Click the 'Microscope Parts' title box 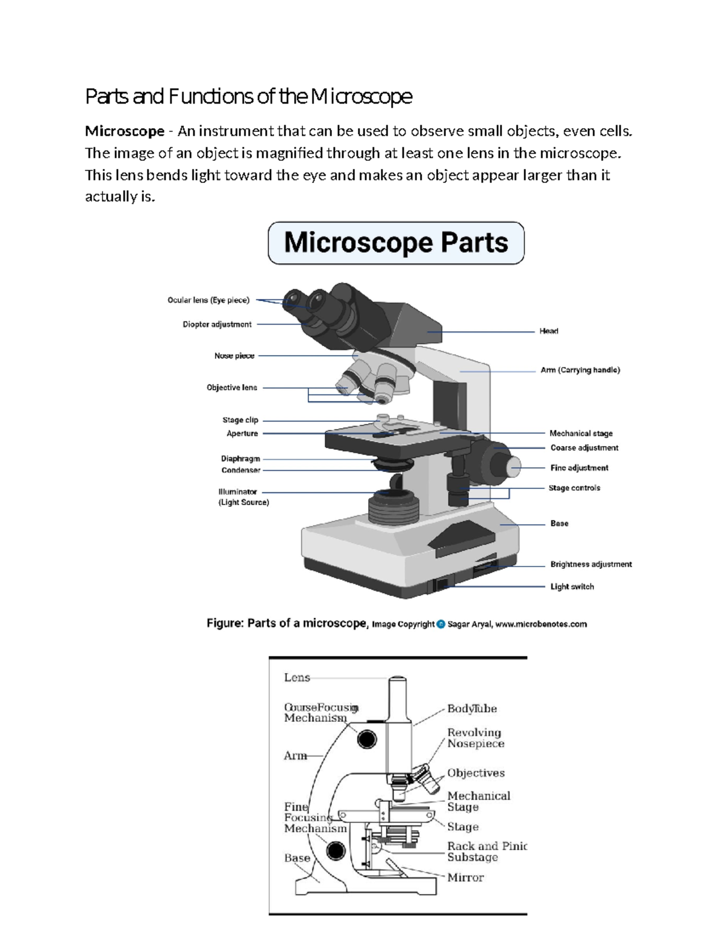tap(396, 243)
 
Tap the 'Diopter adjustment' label tap(217, 325)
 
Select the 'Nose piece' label tap(234, 356)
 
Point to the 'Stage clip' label tap(240, 420)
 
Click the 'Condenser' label tap(240, 470)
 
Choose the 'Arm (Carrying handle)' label tap(580, 370)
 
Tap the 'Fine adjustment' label tap(579, 468)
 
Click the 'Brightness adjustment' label tap(591, 564)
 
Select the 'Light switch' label tap(572, 586)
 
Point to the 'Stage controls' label tap(574, 488)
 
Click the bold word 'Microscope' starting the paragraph tap(125, 131)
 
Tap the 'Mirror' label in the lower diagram tap(465, 878)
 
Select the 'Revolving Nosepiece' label tap(475, 738)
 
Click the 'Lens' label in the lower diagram tap(297, 678)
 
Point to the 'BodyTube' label tap(472, 709)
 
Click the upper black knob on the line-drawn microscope tap(366, 739)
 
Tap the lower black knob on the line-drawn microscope tap(336, 851)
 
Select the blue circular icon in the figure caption tap(440, 624)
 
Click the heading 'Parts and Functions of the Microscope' tap(248, 96)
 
